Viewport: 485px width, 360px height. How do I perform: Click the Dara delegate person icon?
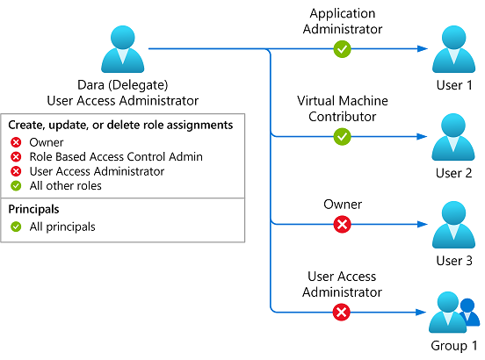pos(122,49)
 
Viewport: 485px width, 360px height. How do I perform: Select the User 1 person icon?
pos(453,49)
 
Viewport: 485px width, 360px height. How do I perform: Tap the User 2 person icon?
pos(453,137)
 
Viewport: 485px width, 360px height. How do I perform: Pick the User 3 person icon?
pos(453,225)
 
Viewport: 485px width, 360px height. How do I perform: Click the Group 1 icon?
pos(454,312)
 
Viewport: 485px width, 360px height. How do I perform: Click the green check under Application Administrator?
pos(342,49)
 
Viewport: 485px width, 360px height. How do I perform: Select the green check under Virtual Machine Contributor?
pos(342,137)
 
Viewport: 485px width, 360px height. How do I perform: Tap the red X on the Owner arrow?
pos(342,224)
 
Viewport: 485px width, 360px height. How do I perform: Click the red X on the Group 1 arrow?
pos(342,312)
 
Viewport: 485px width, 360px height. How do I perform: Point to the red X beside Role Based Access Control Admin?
pos(16,157)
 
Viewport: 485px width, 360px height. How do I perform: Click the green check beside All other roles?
pos(16,186)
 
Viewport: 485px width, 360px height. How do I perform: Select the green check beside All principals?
pos(16,227)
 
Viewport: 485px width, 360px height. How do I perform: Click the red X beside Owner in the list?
pos(16,142)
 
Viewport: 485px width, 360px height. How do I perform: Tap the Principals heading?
pos(33,210)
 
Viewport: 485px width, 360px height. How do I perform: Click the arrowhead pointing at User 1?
pos(423,49)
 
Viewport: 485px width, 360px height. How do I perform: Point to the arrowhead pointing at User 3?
pos(423,225)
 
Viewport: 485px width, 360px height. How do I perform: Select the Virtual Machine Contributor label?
pos(343,109)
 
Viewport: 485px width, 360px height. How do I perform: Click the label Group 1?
pos(453,346)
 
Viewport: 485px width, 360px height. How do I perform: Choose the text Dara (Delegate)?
pos(122,85)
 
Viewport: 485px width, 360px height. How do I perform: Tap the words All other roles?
pos(66,186)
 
